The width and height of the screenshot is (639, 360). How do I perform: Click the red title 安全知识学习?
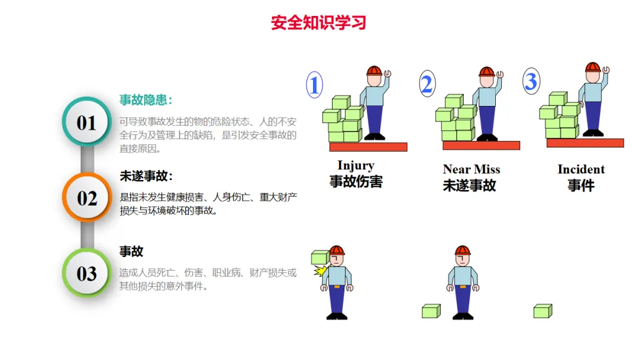coord(318,23)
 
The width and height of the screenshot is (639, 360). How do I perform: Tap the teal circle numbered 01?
coord(87,122)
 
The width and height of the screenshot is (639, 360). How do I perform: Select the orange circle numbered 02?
coord(87,197)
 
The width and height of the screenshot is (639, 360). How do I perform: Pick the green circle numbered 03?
coord(87,273)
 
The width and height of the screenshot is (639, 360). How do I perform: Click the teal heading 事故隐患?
coord(146,100)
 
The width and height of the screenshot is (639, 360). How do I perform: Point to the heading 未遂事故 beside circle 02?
coord(146,176)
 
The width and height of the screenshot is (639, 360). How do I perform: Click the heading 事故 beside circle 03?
coord(131,251)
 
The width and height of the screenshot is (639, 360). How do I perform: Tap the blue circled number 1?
coord(314,85)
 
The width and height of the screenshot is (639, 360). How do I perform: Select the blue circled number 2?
coord(427,83)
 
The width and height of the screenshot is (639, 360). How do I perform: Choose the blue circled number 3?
coord(531,81)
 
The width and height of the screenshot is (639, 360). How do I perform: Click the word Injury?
coord(356,166)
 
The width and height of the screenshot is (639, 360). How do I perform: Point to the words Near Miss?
coord(472,169)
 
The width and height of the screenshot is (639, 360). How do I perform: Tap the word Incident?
coord(581,169)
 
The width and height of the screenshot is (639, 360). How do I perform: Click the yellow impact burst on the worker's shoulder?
coord(321,271)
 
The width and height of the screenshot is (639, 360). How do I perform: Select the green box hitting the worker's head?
coord(320,257)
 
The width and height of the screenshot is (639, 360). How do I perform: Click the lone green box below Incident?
coord(543,311)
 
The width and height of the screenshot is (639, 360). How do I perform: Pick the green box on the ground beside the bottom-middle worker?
coord(431,311)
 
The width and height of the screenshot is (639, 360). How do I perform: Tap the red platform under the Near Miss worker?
coord(481,146)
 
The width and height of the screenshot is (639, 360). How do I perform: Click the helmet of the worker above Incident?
coord(592,67)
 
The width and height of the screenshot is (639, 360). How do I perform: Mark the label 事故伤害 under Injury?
coord(356,181)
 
